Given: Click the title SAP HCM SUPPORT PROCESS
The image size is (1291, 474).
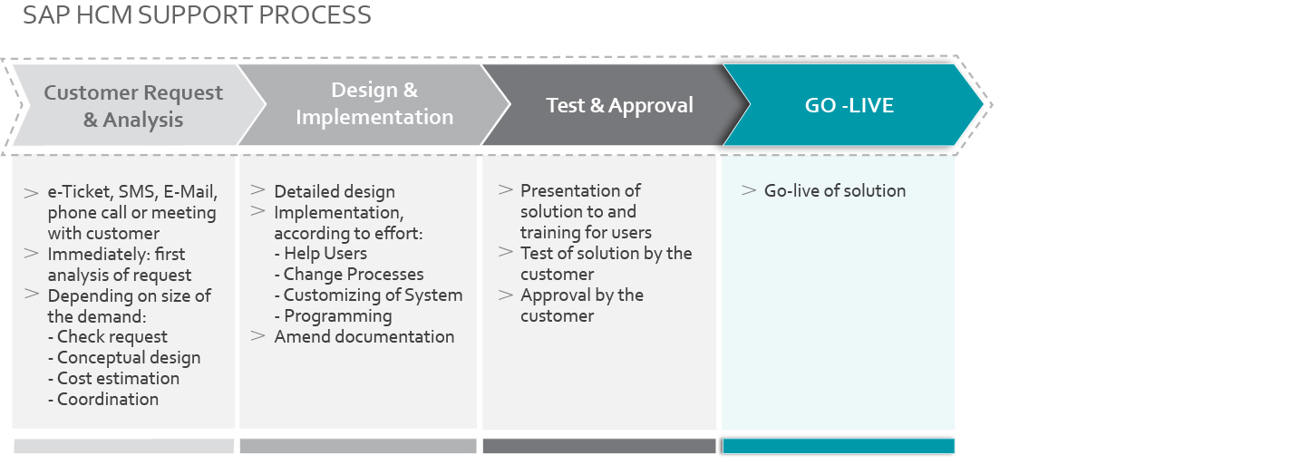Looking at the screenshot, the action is click(197, 15).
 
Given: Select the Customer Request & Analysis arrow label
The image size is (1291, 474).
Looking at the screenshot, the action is click(133, 106).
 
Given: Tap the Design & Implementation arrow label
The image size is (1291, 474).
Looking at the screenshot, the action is click(374, 103).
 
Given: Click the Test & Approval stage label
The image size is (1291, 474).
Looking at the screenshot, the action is click(619, 105).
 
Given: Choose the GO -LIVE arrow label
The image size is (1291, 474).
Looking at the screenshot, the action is click(849, 105).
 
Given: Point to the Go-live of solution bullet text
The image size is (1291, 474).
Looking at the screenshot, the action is click(835, 190).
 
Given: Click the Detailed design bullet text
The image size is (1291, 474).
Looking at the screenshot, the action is click(335, 192).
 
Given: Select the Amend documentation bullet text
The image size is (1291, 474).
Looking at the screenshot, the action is click(364, 336).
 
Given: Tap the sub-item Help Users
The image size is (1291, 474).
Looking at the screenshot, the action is click(320, 254).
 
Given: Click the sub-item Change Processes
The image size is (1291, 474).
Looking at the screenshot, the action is click(349, 274).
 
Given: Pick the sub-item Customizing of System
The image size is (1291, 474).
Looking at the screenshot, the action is click(368, 295).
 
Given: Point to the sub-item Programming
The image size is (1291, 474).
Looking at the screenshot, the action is click(333, 316).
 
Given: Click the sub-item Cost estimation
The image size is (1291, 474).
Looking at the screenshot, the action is click(113, 379).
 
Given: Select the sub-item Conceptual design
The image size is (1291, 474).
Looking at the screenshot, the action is click(124, 358).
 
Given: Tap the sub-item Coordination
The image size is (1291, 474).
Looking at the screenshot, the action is click(103, 399).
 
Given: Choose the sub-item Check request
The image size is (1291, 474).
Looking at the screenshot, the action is click(107, 337).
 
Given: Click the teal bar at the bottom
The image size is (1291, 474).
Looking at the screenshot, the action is click(838, 446).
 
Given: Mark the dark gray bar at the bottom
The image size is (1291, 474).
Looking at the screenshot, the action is click(599, 446).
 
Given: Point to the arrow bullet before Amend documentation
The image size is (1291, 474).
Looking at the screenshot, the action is click(257, 335).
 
